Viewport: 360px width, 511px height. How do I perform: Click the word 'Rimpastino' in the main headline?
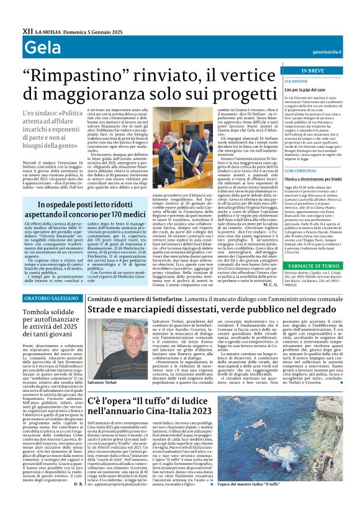(x=99, y=76)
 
